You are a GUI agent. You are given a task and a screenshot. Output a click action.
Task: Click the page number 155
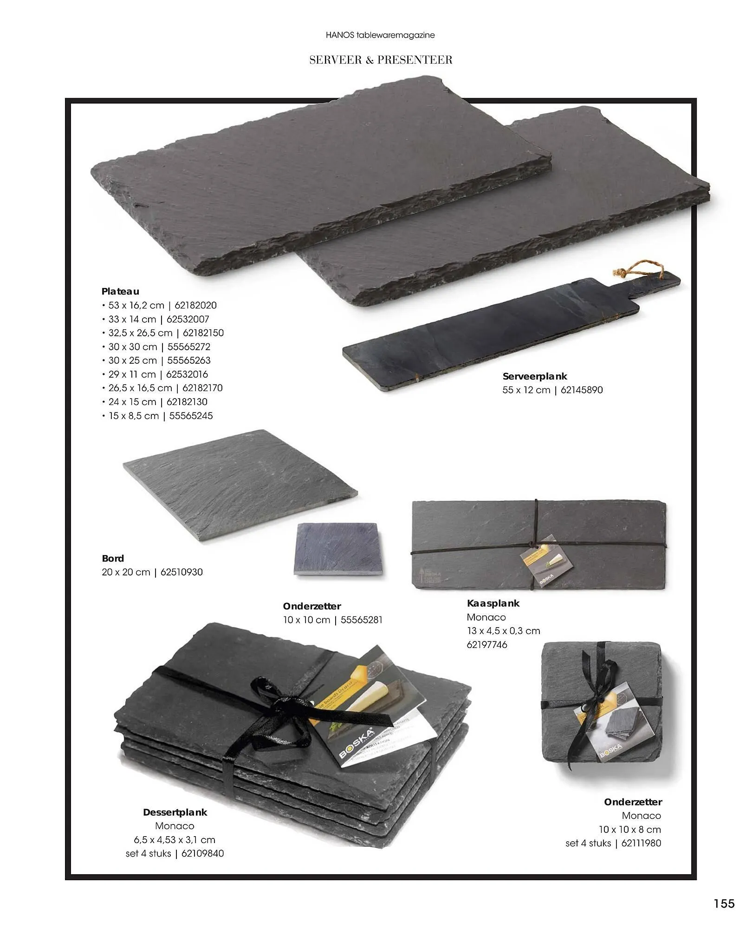click(724, 903)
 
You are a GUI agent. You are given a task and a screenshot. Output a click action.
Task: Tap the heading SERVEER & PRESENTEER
click(381, 60)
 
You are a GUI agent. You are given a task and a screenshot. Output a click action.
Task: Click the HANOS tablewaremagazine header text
click(380, 35)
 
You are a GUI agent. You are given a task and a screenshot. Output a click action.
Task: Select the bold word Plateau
click(120, 291)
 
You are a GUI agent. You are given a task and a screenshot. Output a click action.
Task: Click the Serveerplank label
click(534, 376)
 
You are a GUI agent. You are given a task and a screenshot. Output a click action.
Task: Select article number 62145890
click(581, 390)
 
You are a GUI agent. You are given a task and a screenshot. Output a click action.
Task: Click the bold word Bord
click(113, 558)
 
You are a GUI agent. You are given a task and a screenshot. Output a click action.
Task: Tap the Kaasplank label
click(493, 603)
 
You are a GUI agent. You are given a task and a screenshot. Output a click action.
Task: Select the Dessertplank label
click(175, 812)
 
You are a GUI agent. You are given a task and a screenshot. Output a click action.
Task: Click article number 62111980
click(641, 843)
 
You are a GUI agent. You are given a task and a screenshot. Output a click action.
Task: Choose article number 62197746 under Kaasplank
click(487, 645)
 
